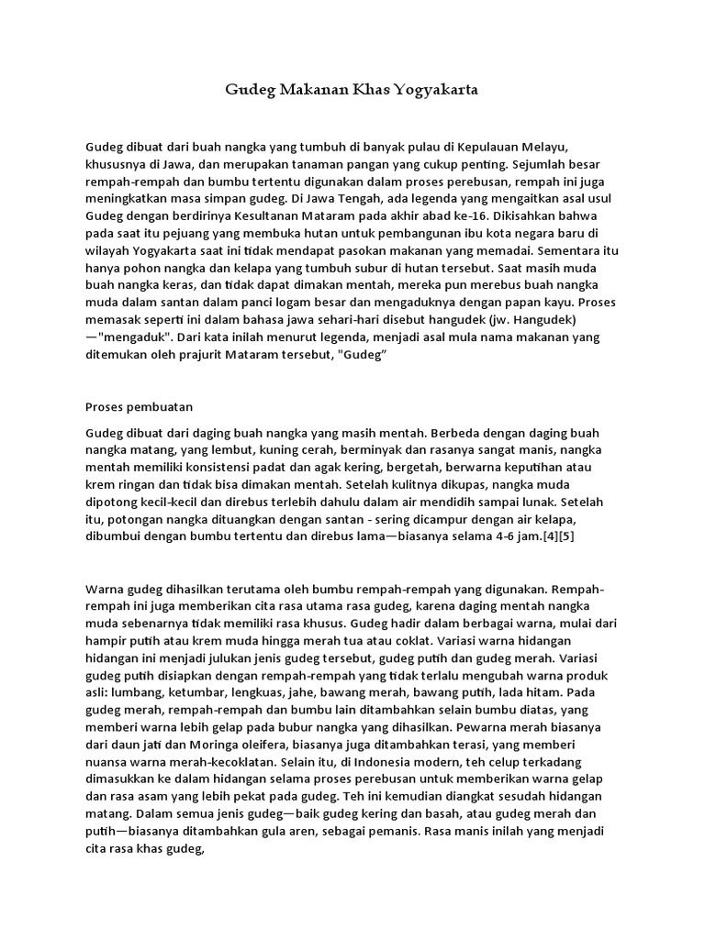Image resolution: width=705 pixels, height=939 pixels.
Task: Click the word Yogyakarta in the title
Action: (x=436, y=92)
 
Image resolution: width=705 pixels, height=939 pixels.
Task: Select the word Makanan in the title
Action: (x=309, y=92)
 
